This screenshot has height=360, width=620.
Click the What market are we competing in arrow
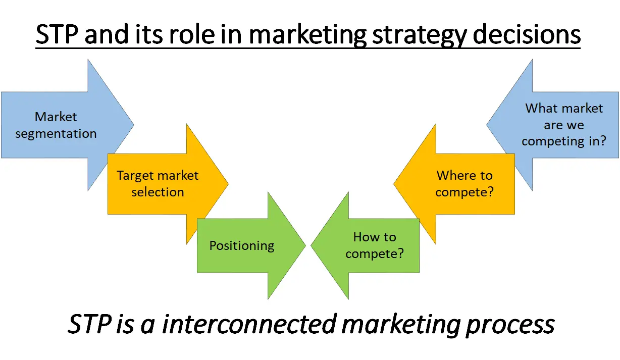tap(562, 125)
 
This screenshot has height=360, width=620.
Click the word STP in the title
tap(57, 34)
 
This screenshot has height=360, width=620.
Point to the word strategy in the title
tap(419, 36)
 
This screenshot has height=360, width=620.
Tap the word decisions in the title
tap(527, 34)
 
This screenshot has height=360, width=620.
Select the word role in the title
tap(191, 34)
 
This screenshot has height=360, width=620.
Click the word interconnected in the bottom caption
tap(249, 324)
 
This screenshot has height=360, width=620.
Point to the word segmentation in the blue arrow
tap(56, 134)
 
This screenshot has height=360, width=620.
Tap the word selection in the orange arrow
tap(158, 192)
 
